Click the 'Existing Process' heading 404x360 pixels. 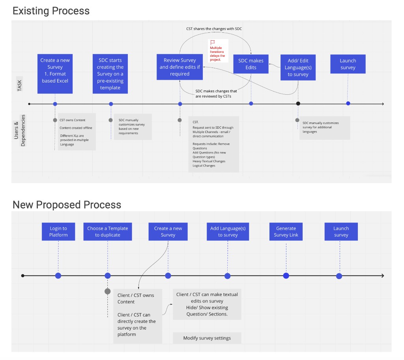pyautogui.click(x=51, y=11)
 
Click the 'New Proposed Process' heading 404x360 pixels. pyautogui.click(x=67, y=204)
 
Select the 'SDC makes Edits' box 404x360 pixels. pyautogui.click(x=251, y=64)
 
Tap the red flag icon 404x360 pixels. pyautogui.click(x=212, y=42)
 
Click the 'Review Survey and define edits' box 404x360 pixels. pyautogui.click(x=180, y=67)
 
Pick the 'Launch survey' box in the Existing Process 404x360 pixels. pyautogui.click(x=348, y=64)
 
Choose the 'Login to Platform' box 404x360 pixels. pyautogui.click(x=58, y=232)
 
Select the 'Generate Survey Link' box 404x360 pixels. pyautogui.click(x=286, y=232)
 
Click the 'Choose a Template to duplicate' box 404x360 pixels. pyautogui.click(x=107, y=232)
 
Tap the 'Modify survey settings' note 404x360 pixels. pyautogui.click(x=207, y=338)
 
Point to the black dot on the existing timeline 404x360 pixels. pyautogui.click(x=298, y=104)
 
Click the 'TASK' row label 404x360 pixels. pyautogui.click(x=20, y=84)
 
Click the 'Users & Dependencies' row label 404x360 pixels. pyautogui.click(x=19, y=130)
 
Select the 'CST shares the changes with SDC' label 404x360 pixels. pyautogui.click(x=214, y=29)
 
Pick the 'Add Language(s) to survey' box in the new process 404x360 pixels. pyautogui.click(x=228, y=232)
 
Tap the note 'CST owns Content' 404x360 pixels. pyautogui.click(x=72, y=120)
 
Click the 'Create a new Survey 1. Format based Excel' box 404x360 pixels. pyautogui.click(x=55, y=74)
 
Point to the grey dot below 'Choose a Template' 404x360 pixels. pyautogui.click(x=107, y=291)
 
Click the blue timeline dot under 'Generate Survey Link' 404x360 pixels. pyautogui.click(x=286, y=276)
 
